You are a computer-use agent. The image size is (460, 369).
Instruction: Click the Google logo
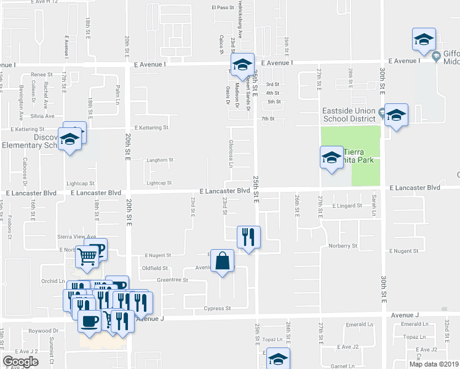click(21, 362)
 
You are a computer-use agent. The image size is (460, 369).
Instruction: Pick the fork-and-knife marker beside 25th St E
click(248, 237)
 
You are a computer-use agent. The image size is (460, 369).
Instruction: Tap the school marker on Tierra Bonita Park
click(331, 159)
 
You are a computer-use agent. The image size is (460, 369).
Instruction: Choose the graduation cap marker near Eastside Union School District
click(396, 116)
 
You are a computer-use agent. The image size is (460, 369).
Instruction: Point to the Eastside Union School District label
click(349, 115)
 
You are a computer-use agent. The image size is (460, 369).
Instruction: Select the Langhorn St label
click(159, 161)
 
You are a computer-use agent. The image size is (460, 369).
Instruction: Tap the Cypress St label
click(218, 308)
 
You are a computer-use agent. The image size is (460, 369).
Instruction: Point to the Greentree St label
click(172, 280)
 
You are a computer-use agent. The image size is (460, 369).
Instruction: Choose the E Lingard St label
click(347, 206)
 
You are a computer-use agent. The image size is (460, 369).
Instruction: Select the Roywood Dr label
click(43, 330)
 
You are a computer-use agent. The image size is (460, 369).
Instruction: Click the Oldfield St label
click(155, 268)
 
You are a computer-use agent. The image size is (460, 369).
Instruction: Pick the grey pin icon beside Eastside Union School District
click(383, 113)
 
